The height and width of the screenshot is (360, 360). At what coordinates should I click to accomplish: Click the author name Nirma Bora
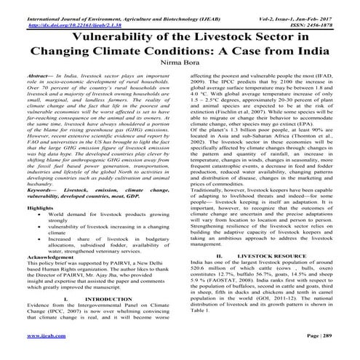(180, 63)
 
